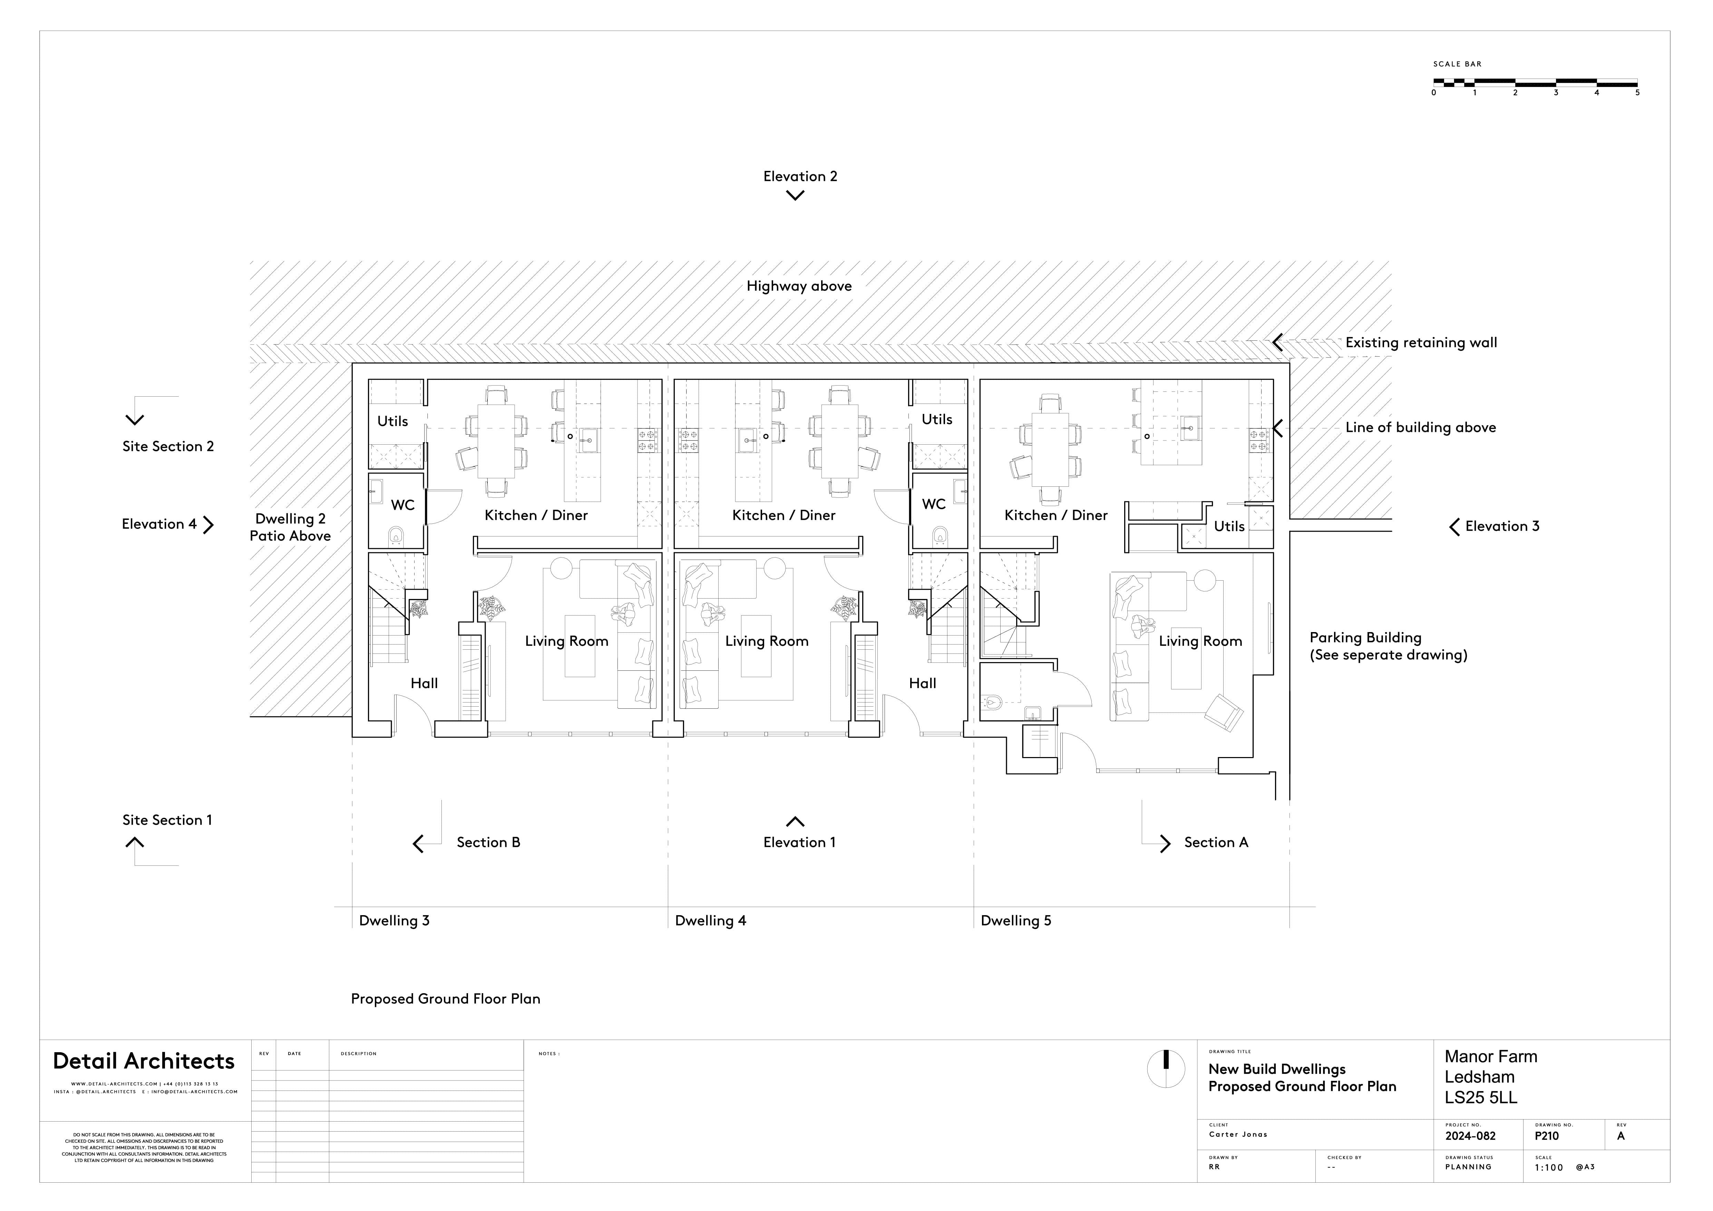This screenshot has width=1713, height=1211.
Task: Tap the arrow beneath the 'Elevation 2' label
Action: coord(795,195)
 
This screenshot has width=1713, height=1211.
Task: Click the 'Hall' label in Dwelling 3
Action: coord(424,684)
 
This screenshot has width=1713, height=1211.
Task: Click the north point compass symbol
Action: coord(1165,1068)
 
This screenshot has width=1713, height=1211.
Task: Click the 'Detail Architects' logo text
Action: coord(144,1061)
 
